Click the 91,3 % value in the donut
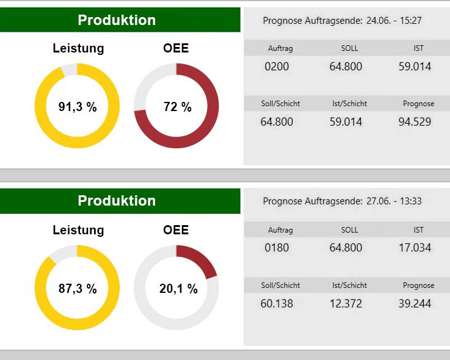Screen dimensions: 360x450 pyautogui.click(x=78, y=107)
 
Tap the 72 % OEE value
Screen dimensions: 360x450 pyautogui.click(x=177, y=107)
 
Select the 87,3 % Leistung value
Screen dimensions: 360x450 pyautogui.click(x=78, y=289)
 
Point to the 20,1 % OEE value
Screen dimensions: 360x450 pyautogui.click(x=178, y=289)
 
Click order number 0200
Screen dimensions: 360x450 pyautogui.click(x=277, y=67)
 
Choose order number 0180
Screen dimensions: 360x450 pyautogui.click(x=277, y=248)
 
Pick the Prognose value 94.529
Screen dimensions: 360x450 pyautogui.click(x=415, y=122)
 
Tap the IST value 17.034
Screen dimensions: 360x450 pyautogui.click(x=415, y=248)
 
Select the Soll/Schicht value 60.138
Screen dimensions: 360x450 pyautogui.click(x=277, y=303)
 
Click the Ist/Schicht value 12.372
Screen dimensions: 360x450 pyautogui.click(x=346, y=303)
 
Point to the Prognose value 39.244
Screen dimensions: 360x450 pyautogui.click(x=415, y=303)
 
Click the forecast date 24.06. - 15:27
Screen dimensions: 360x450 pyautogui.click(x=394, y=20)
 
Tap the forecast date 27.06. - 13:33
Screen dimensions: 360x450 pyautogui.click(x=394, y=201)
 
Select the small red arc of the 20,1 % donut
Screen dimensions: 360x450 pyautogui.click(x=199, y=259)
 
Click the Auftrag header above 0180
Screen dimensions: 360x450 pyautogui.click(x=280, y=230)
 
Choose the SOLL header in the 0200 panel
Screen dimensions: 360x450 pyautogui.click(x=349, y=48)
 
